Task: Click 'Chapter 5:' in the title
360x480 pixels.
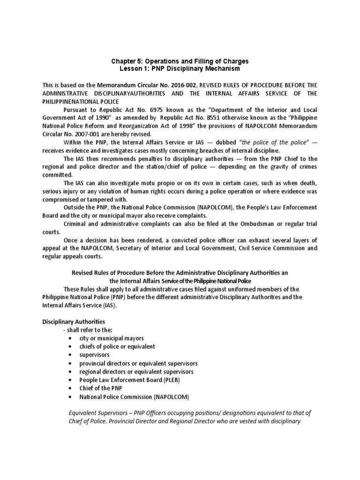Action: (127, 61)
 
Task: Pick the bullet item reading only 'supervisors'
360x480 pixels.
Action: (94, 355)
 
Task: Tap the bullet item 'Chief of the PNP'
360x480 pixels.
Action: (101, 389)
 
